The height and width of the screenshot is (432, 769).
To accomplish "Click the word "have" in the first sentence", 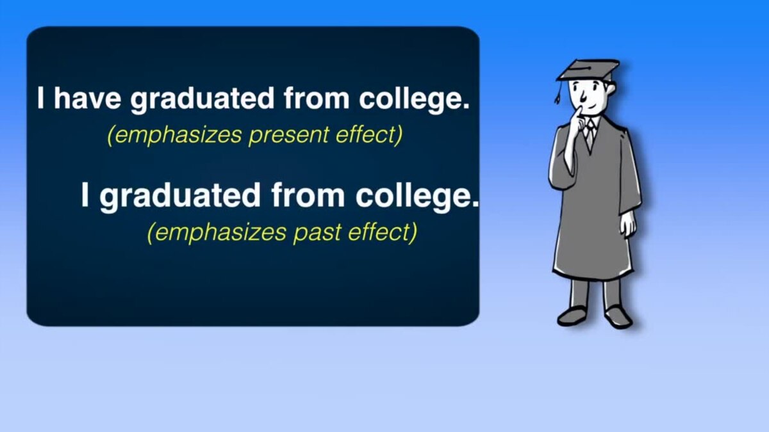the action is [87, 99].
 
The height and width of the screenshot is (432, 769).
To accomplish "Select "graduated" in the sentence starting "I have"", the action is [202, 100].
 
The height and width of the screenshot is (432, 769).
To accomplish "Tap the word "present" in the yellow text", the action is [289, 136].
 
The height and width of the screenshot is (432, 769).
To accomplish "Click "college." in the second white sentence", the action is [417, 196].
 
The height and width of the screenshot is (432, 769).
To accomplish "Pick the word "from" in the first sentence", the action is [316, 98].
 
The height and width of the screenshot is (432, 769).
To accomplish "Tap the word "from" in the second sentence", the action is [308, 195].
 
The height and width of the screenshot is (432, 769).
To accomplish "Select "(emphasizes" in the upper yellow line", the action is [174, 135].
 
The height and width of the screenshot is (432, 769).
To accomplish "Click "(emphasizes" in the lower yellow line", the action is [217, 233].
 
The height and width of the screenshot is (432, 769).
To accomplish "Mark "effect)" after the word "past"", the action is [383, 232].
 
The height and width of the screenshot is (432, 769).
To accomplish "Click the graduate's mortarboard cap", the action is [588, 70].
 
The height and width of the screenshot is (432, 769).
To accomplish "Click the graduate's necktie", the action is [590, 134].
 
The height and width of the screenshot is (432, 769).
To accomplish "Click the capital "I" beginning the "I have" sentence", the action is [40, 98].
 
